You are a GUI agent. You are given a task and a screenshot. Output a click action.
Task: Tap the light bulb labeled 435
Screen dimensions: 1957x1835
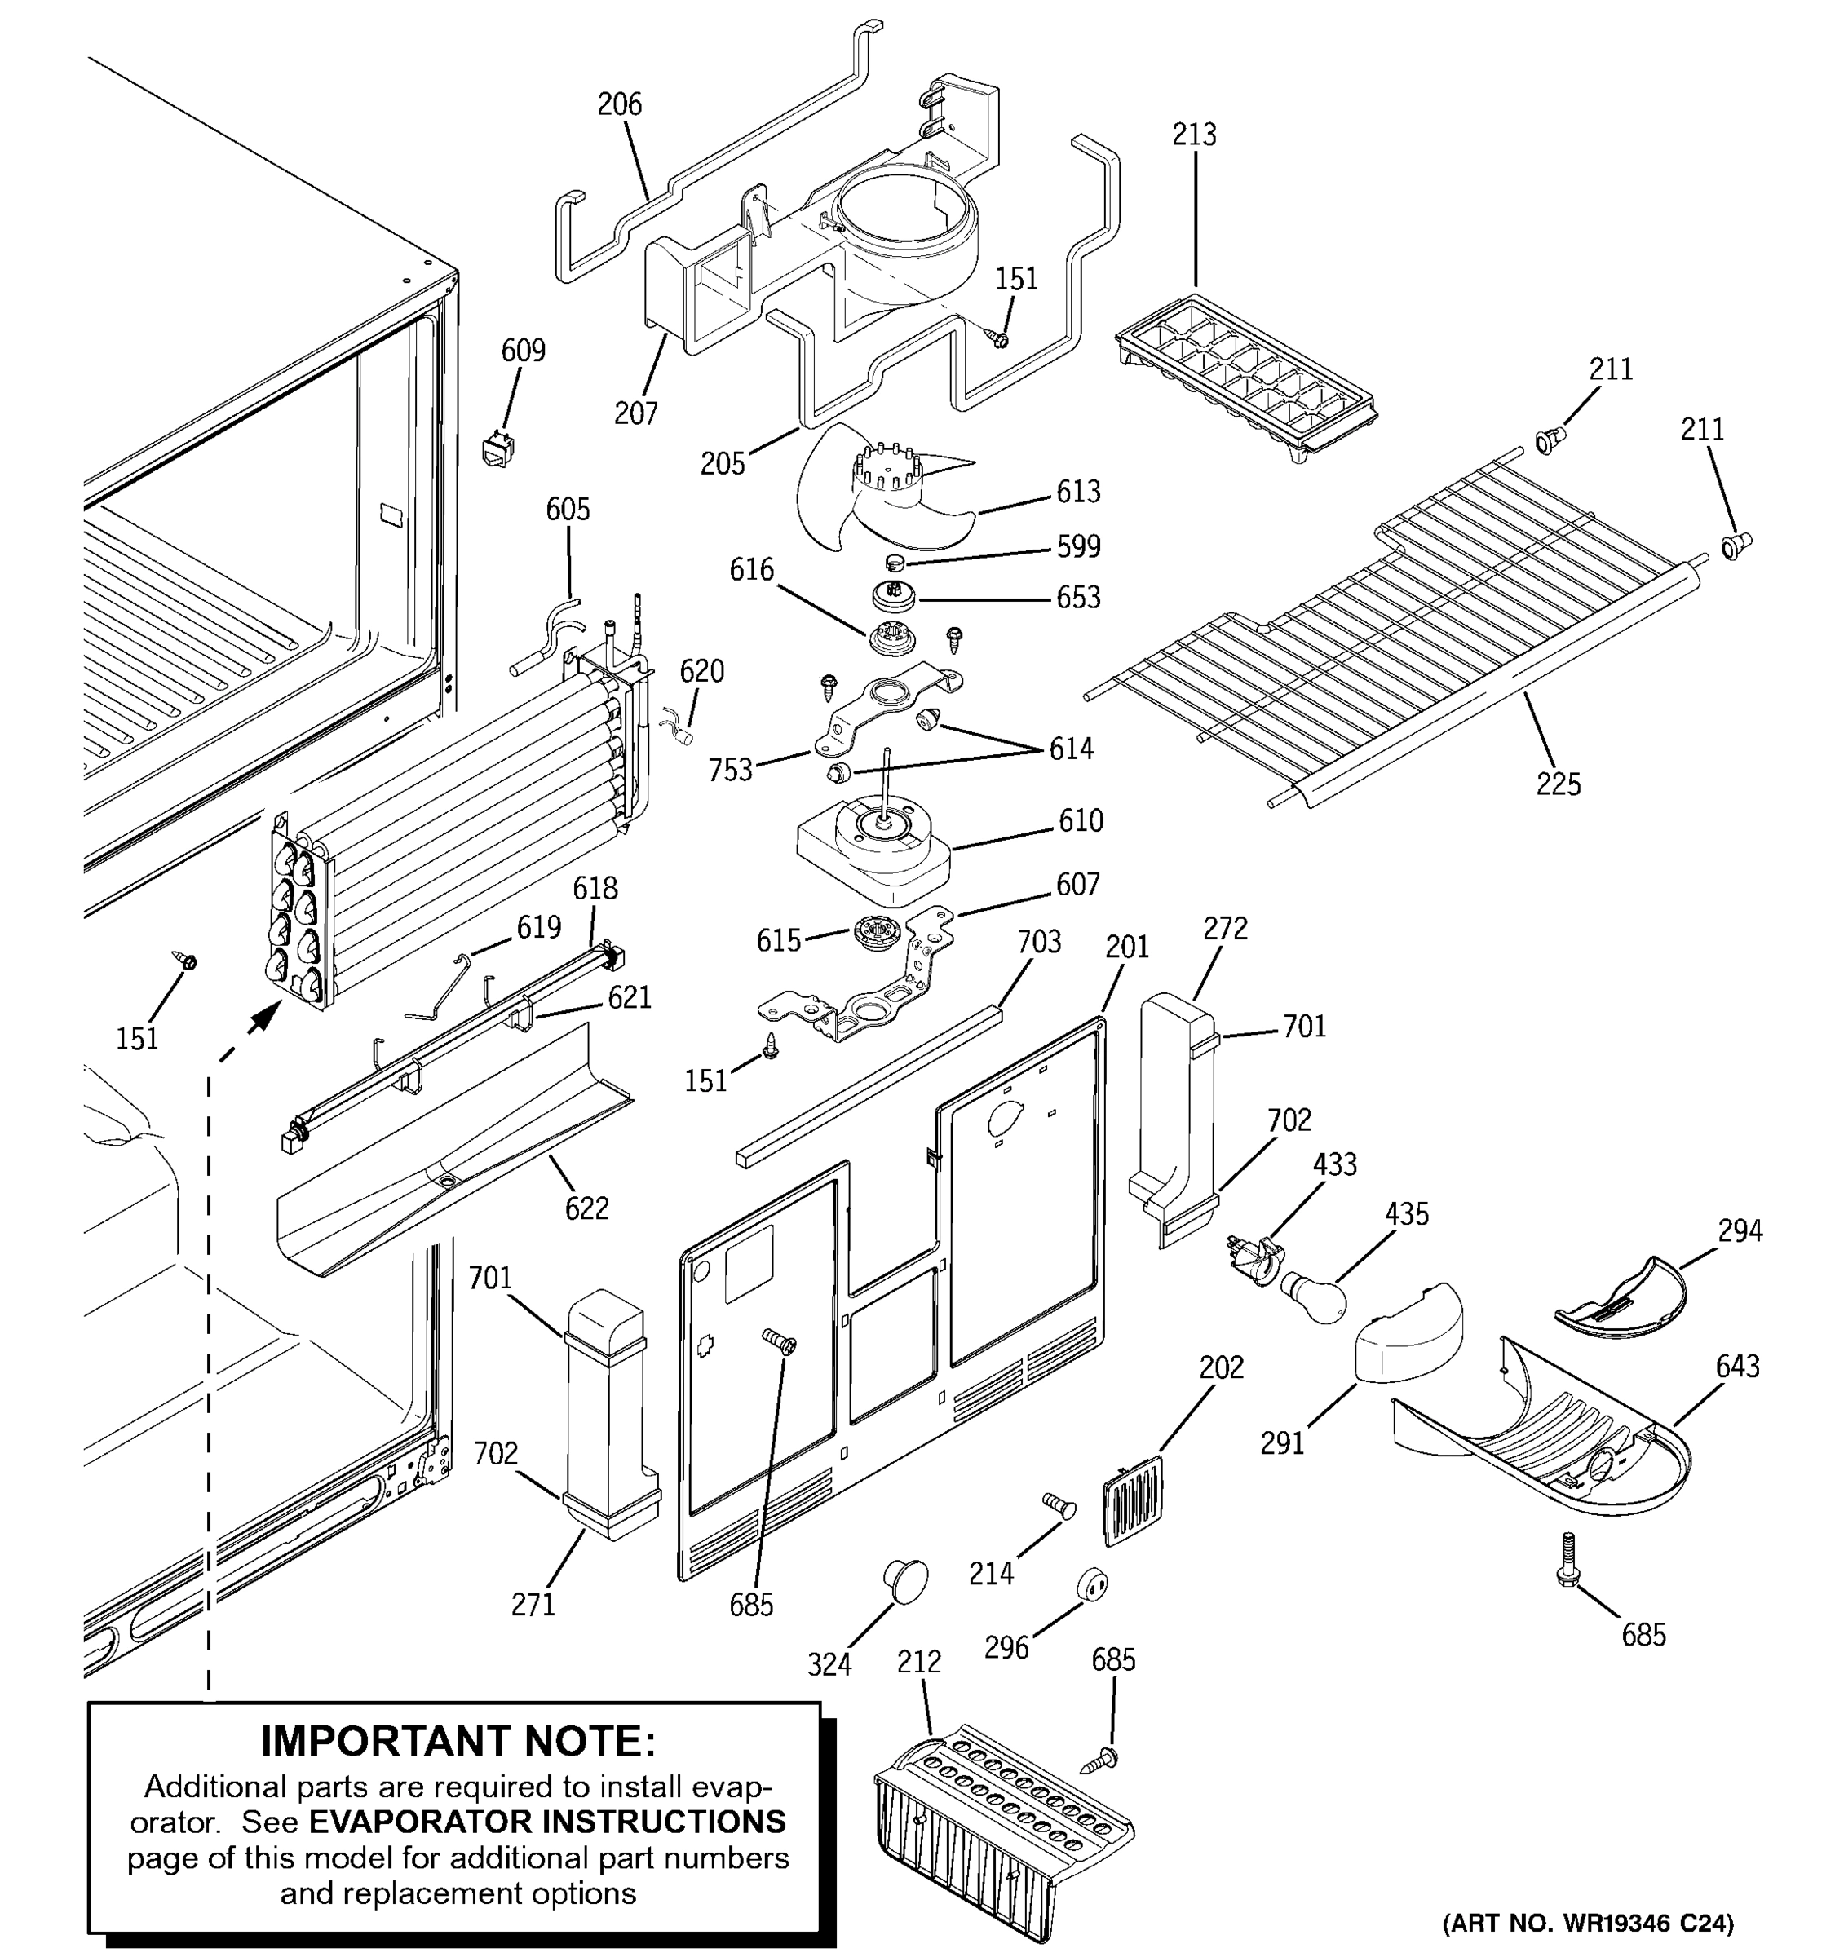(1313, 1296)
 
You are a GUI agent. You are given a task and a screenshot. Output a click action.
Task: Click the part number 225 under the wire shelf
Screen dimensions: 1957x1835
(1559, 784)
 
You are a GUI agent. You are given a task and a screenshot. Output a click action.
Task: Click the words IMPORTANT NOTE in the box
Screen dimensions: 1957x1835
(458, 1742)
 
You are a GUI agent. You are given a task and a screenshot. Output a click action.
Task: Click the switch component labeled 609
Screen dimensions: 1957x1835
(497, 450)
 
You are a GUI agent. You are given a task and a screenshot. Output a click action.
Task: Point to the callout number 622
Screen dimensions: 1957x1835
(586, 1207)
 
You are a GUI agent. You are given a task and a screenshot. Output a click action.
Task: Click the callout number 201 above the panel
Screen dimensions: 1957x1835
(1127, 946)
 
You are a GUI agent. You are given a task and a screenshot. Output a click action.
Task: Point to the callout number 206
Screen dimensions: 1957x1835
(619, 104)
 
